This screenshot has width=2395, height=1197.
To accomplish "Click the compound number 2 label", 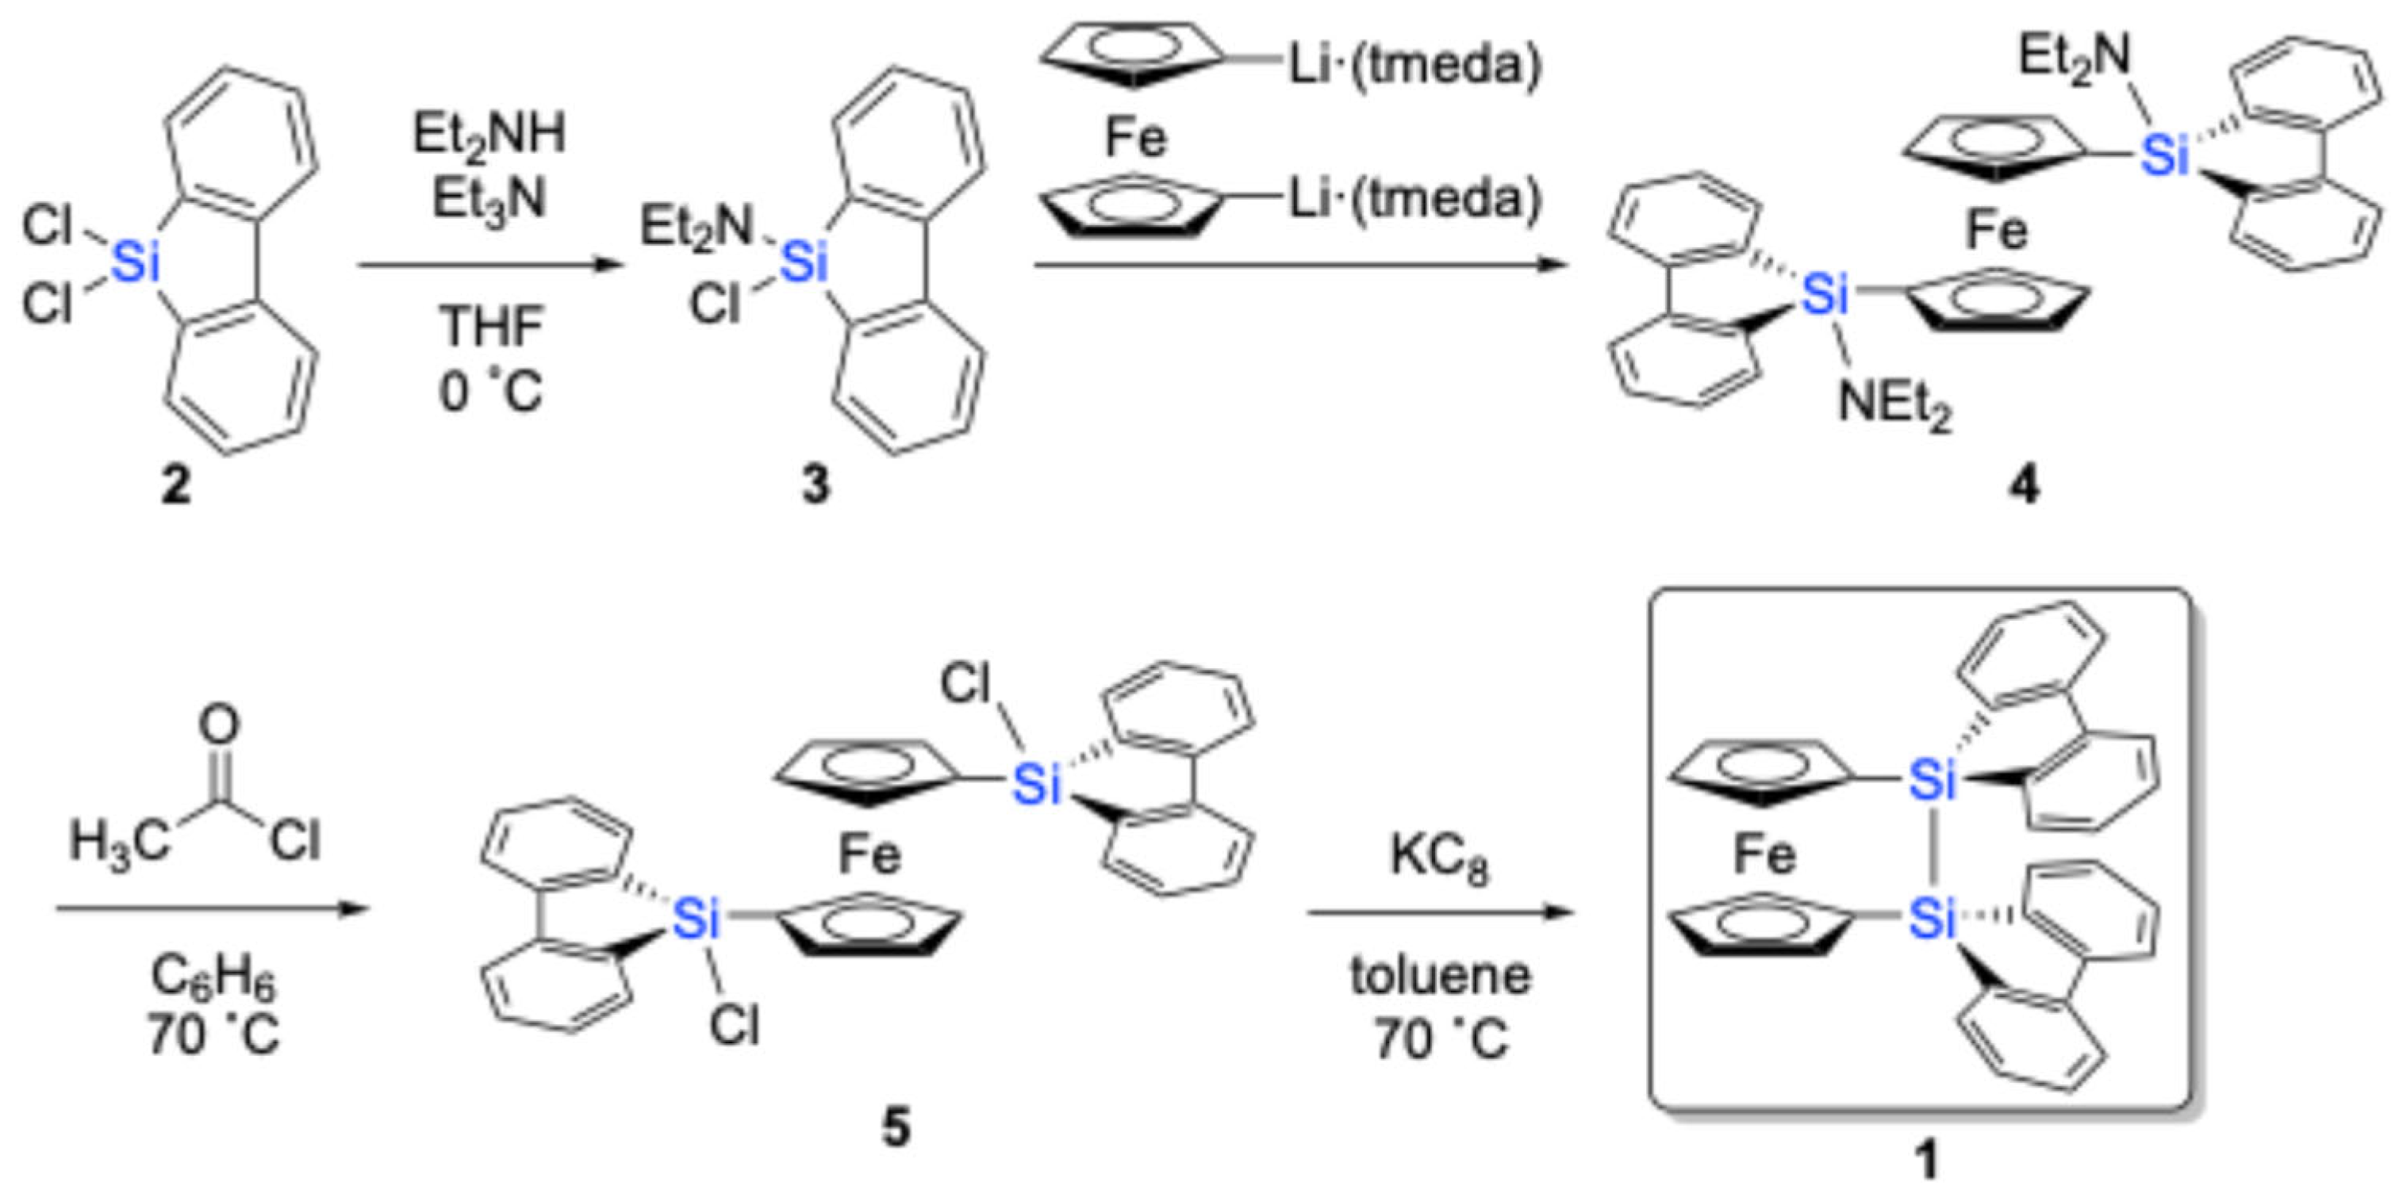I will click(175, 485).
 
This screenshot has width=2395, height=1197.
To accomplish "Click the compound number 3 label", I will click(816, 485).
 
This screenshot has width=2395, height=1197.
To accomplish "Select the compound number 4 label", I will click(2025, 485).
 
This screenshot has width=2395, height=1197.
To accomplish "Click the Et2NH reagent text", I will click(489, 136).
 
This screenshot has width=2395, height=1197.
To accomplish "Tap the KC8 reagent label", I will click(1439, 856).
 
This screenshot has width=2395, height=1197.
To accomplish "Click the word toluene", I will click(1439, 976).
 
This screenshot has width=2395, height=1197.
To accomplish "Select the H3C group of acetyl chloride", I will click(119, 843).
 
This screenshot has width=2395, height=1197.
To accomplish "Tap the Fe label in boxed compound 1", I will click(1764, 855).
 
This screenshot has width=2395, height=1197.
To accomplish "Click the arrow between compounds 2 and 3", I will click(489, 266).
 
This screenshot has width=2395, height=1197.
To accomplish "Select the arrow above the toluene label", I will click(1439, 913).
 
